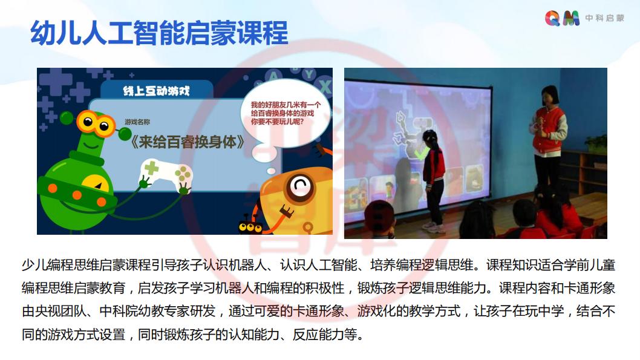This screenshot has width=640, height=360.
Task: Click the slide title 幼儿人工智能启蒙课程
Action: tap(159, 33)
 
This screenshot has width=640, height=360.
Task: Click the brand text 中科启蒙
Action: tap(604, 18)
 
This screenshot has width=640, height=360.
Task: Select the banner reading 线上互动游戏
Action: tap(156, 91)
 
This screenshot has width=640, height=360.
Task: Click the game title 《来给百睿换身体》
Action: tap(188, 142)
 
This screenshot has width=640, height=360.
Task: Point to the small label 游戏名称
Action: tap(137, 122)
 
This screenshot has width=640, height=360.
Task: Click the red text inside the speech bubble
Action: tap(286, 113)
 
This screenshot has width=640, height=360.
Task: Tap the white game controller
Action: tap(166, 175)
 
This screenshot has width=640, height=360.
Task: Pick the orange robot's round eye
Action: tap(301, 186)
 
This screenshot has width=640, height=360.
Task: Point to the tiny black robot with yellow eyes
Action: tap(250, 225)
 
